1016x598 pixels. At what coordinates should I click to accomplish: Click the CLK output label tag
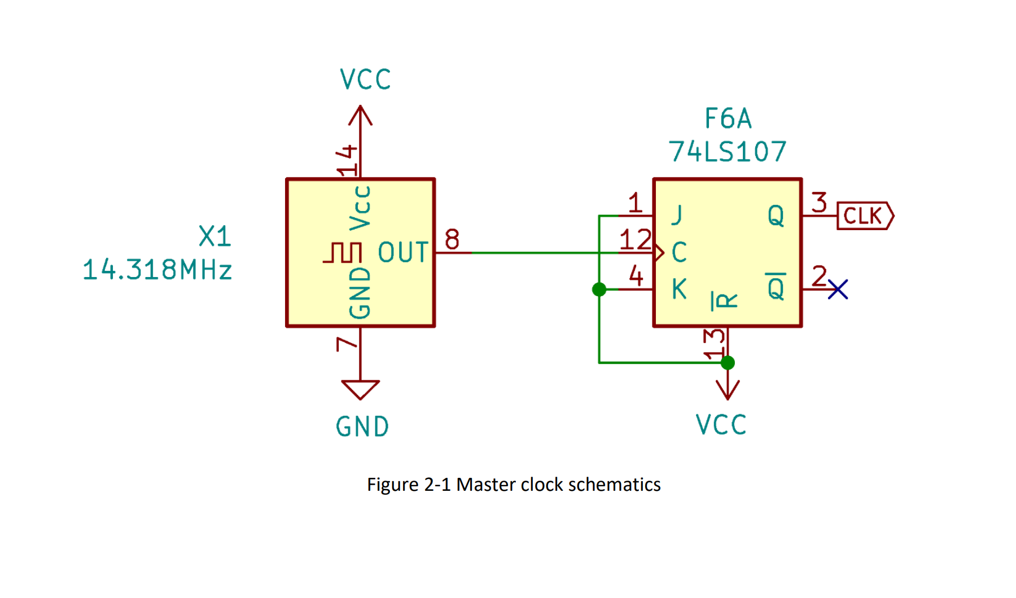click(864, 216)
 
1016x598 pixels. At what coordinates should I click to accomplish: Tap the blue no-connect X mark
click(838, 289)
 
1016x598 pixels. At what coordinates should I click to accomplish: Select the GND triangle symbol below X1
click(360, 389)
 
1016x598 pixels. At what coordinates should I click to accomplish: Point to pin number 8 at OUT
click(452, 239)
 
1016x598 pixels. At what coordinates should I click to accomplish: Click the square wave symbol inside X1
click(343, 253)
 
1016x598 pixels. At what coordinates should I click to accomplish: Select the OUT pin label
click(403, 253)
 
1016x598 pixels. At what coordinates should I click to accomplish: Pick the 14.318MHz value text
click(157, 270)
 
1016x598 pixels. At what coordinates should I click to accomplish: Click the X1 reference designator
click(215, 236)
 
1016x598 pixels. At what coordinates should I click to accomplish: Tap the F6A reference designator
click(728, 119)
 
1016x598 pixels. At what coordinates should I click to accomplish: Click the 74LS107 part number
click(728, 152)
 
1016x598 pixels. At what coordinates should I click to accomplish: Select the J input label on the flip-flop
click(677, 215)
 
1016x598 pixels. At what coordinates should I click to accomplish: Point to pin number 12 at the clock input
click(636, 240)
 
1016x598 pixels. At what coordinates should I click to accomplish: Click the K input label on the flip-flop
click(679, 289)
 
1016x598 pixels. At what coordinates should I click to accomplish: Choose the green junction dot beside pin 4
click(599, 289)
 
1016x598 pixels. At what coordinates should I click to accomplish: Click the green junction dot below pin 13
click(728, 363)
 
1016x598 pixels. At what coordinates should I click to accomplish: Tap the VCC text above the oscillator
click(365, 80)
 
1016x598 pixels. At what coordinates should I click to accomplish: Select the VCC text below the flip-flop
click(721, 425)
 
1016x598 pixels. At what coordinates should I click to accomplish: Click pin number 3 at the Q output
click(820, 203)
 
